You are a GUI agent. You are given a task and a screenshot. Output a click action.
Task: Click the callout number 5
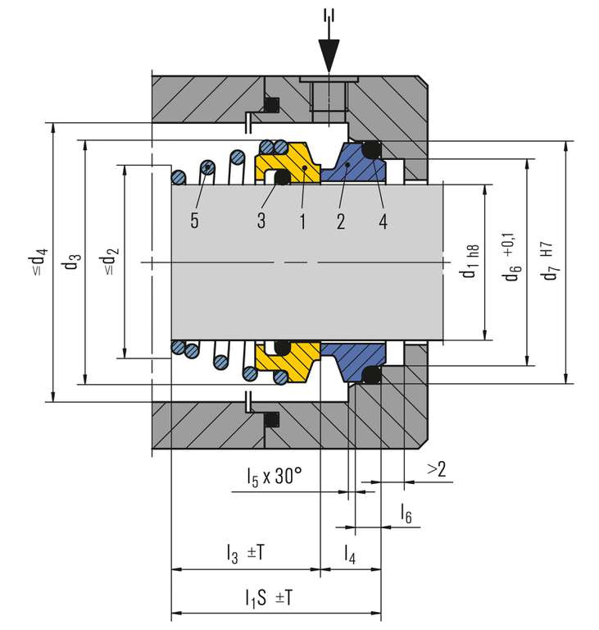pyautogui.click(x=193, y=220)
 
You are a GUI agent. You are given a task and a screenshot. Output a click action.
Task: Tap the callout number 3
pyautogui.click(x=261, y=220)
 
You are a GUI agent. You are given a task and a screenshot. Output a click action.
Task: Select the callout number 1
pyautogui.click(x=302, y=220)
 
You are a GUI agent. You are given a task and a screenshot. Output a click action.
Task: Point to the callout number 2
pyautogui.click(x=340, y=220)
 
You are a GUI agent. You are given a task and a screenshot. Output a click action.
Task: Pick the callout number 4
pyautogui.click(x=383, y=220)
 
